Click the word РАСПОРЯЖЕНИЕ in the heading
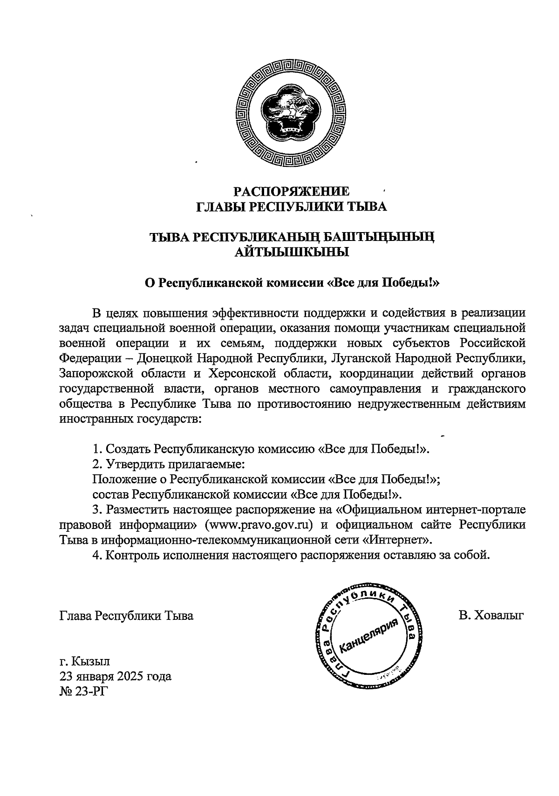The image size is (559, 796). click(291, 192)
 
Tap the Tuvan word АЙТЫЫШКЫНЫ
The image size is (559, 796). click(291, 253)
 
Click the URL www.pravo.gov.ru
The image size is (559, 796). click(261, 524)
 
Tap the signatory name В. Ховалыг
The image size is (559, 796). click(491, 616)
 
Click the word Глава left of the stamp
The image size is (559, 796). click(75, 616)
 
